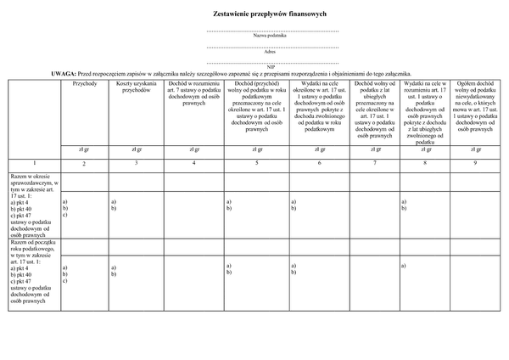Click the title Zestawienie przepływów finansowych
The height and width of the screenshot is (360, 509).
point(271,15)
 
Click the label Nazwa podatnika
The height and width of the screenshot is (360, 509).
point(271,36)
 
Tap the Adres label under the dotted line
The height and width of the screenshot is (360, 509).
point(271,51)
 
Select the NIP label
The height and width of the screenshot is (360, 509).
point(271,66)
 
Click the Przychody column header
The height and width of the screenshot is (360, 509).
point(85,83)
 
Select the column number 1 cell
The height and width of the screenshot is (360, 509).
point(34,161)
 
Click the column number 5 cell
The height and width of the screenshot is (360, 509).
point(257,161)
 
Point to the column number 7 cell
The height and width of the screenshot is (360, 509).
point(374,161)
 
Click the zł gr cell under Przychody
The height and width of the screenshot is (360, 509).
point(85,149)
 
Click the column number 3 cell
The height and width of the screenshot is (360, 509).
point(136,161)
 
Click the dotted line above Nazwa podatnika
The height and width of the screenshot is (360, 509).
point(271,31)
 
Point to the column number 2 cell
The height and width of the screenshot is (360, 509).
point(85,162)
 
